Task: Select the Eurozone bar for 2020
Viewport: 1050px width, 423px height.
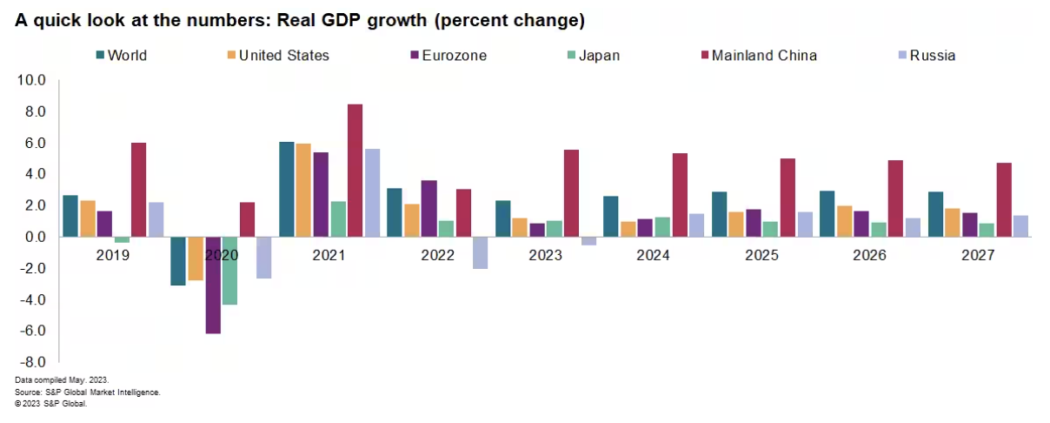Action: point(213,285)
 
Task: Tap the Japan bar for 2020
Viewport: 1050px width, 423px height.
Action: point(229,271)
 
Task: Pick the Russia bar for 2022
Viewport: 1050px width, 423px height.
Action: point(480,252)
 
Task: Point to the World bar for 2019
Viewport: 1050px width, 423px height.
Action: point(70,216)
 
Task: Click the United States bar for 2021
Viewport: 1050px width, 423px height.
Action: point(303,190)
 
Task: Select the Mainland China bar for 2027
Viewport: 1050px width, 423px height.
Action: point(1004,199)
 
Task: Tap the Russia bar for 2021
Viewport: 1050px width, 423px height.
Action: point(372,192)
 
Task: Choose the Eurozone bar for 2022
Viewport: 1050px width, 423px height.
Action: point(429,208)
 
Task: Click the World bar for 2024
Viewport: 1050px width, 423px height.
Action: point(611,216)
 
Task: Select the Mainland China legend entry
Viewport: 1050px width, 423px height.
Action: point(755,56)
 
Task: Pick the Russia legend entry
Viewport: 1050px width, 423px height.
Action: point(925,56)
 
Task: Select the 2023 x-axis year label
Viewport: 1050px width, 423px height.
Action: point(544,256)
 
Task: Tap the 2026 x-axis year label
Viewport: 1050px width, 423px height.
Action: point(869,256)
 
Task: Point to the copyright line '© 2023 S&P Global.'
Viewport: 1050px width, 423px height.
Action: point(51,403)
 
